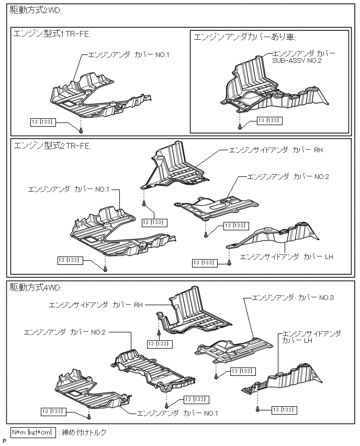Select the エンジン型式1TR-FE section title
coord(52,34)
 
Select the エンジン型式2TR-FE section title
coord(52,145)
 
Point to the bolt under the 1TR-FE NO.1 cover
coord(81,130)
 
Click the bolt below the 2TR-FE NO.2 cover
coord(206,235)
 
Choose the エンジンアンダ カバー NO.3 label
coord(292,297)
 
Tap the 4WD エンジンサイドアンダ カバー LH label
coord(311,337)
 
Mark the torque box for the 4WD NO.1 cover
coord(54,411)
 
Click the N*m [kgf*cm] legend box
coord(33,432)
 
